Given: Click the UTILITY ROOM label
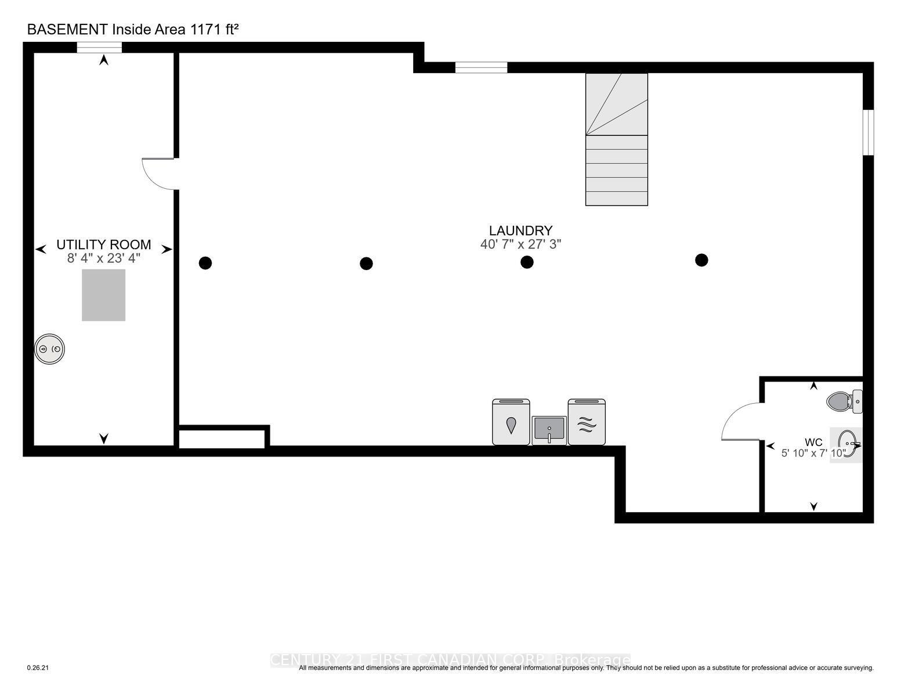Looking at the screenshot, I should click(103, 245).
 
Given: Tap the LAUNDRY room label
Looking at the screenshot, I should click(520, 231).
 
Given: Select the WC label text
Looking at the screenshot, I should click(813, 443).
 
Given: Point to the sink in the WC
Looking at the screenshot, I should click(847, 444).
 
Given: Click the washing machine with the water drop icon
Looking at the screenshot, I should click(511, 422).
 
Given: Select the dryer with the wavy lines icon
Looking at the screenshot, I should click(587, 422).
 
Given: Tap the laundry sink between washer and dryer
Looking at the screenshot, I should click(549, 430).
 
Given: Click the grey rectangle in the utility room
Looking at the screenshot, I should click(103, 295).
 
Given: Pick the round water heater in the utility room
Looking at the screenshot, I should click(49, 349).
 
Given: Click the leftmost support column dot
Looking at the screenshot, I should click(205, 263).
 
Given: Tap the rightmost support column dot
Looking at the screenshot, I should click(701, 260).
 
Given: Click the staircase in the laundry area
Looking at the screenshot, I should click(616, 139).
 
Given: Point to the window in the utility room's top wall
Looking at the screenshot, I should click(100, 48).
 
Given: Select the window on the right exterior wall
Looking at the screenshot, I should click(868, 132).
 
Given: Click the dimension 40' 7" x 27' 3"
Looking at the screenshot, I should click(520, 245).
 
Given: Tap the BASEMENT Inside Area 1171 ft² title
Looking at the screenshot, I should click(133, 30).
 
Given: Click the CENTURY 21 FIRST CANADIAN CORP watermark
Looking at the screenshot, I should click(450, 660).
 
